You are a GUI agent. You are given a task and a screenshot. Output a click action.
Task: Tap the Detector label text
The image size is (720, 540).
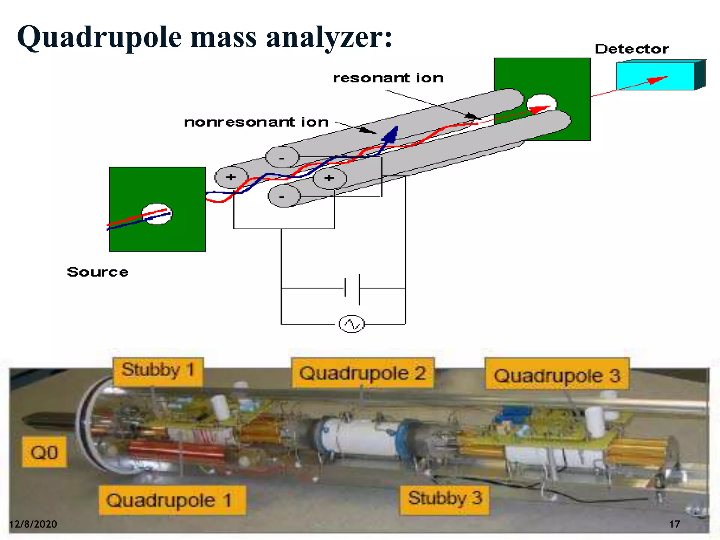click(631, 49)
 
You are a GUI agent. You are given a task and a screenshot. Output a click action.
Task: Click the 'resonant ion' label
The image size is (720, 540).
click(388, 78)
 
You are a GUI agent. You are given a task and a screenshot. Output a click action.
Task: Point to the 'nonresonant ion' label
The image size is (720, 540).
click(256, 122)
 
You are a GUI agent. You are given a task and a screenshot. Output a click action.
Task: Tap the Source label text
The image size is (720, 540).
click(97, 272)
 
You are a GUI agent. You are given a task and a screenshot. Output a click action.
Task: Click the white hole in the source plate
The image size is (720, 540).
click(157, 214)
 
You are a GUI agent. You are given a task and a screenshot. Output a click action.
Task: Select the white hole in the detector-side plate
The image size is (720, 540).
click(541, 103)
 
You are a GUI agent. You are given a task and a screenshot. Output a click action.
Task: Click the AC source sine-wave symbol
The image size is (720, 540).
click(351, 324)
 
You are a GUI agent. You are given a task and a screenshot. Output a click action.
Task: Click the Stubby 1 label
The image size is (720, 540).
click(158, 371)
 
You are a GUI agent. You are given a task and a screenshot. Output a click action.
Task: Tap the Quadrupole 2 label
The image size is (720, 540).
click(362, 373)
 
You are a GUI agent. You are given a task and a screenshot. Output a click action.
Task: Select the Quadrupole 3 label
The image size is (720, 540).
click(557, 375)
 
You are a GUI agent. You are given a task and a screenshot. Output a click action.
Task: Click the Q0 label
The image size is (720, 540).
click(44, 452)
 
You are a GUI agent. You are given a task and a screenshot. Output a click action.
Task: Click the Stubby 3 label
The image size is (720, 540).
click(444, 498)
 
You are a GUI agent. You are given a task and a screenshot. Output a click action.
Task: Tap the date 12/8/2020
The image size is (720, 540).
click(33, 524)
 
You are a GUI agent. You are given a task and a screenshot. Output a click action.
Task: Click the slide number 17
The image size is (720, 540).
click(674, 524)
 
